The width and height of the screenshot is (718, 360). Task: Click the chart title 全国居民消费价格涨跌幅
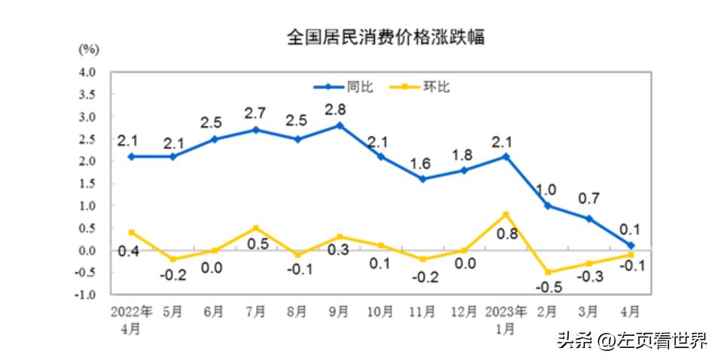pos(385,37)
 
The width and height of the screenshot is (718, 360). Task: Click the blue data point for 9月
pos(339,126)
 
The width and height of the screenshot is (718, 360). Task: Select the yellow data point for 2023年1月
pos(506,214)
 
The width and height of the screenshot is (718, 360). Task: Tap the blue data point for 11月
pos(422,178)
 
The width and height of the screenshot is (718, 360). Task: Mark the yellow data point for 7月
pos(257,227)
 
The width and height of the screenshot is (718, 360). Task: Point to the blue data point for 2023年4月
pos(631,245)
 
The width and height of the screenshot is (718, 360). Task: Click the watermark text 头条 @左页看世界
pos(631,340)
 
